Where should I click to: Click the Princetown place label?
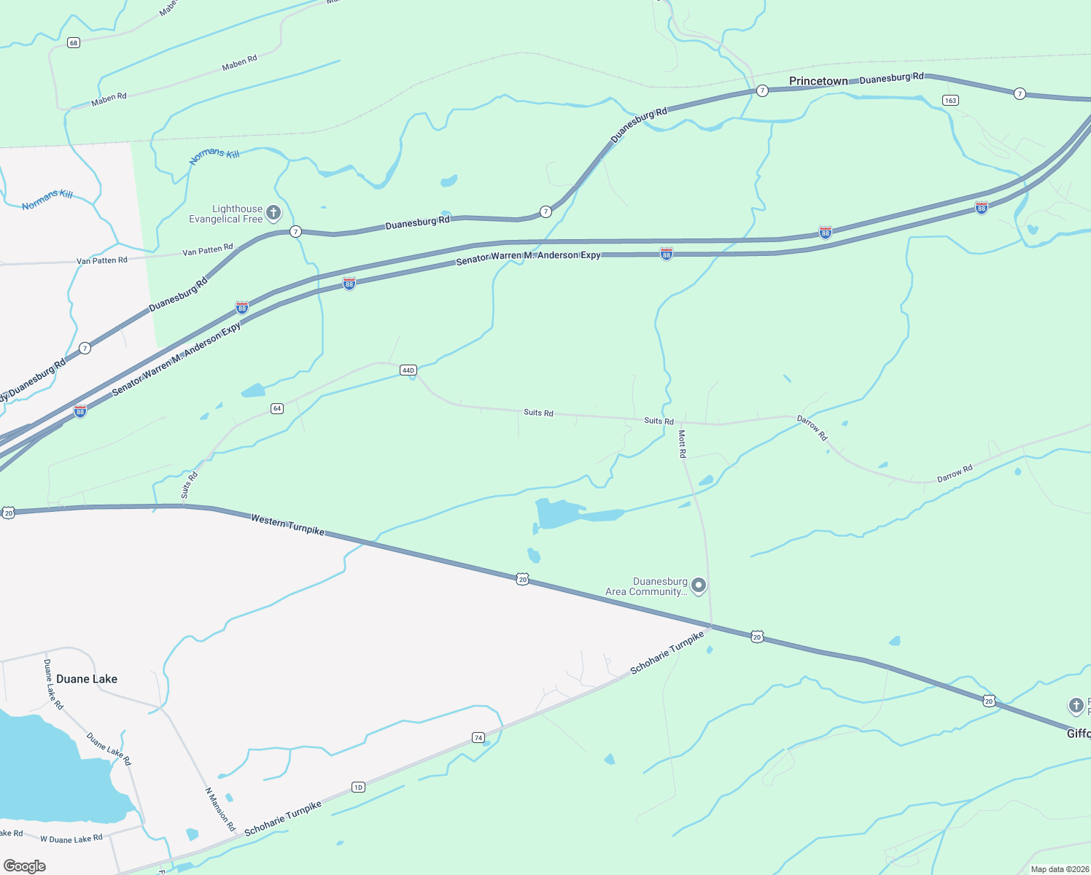(818, 81)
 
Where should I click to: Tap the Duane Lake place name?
(87, 679)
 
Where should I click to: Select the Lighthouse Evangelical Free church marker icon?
(273, 213)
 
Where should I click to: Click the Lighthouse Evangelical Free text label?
(225, 214)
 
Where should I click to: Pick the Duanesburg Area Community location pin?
(699, 586)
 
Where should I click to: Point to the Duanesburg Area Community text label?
(647, 586)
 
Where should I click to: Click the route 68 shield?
(74, 43)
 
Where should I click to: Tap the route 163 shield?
(950, 101)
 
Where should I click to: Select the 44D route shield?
(408, 370)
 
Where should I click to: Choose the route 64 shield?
(277, 408)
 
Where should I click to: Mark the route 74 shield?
(478, 737)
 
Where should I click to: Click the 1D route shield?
(358, 787)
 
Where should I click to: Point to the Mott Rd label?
(683, 443)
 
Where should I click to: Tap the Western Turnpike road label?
(287, 524)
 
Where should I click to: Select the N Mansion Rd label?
(220, 809)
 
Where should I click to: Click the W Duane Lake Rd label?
(71, 839)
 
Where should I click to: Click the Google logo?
(25, 866)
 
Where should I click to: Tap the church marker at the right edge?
(1076, 705)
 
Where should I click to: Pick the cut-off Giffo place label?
(1079, 734)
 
